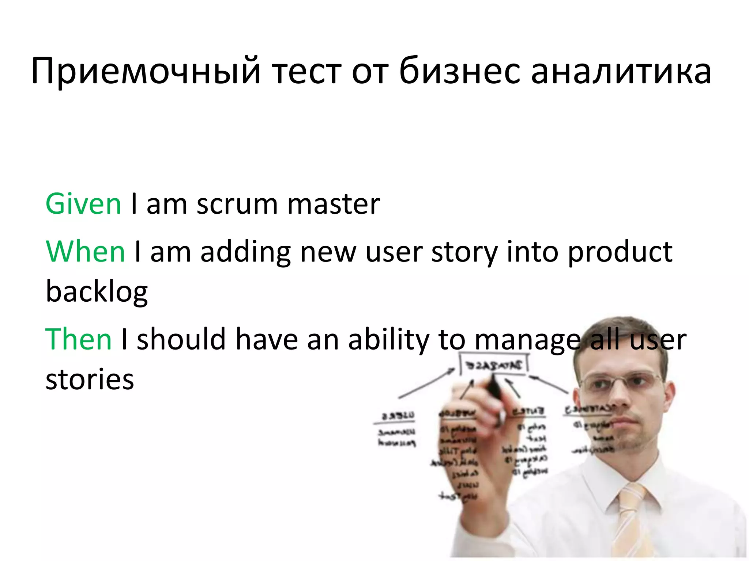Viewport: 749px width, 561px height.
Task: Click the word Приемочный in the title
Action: (146, 71)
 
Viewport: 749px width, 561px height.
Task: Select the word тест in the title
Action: (307, 71)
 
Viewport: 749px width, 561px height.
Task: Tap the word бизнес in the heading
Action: (459, 71)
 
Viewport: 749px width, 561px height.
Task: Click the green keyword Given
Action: (83, 204)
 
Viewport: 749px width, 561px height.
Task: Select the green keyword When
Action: (86, 252)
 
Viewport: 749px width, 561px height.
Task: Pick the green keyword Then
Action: (78, 339)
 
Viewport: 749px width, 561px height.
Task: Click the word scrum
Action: (237, 204)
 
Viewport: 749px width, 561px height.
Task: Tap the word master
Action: (334, 204)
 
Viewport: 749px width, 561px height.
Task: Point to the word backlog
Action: (97, 293)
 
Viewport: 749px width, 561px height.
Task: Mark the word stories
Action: (90, 379)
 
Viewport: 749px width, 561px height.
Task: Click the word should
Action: (181, 339)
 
